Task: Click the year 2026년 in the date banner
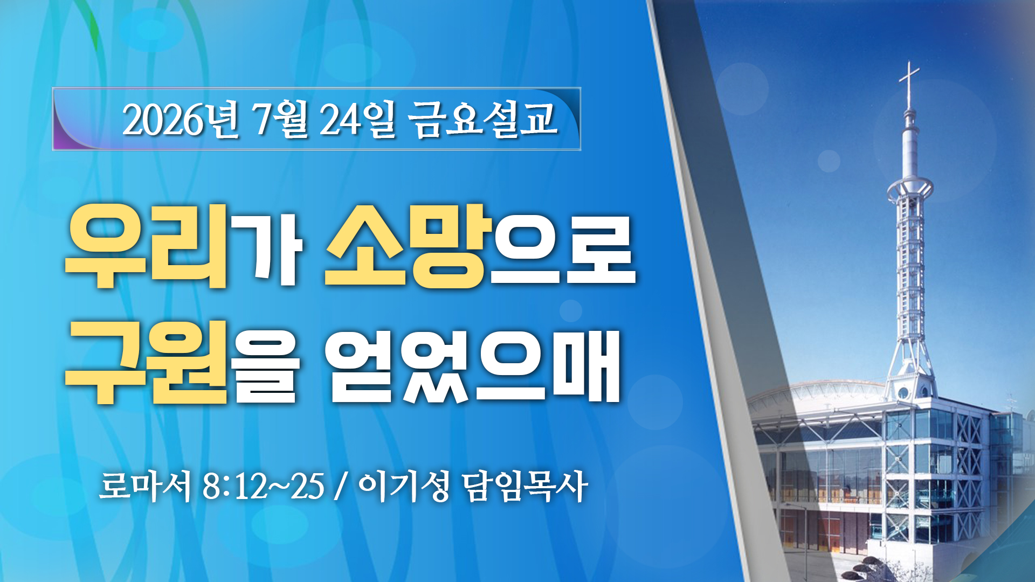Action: (x=180, y=119)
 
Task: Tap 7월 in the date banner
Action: (x=281, y=119)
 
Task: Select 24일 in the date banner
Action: (x=357, y=119)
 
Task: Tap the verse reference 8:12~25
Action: (x=264, y=486)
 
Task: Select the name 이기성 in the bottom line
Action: (x=403, y=486)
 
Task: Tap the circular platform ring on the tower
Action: (x=910, y=188)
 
